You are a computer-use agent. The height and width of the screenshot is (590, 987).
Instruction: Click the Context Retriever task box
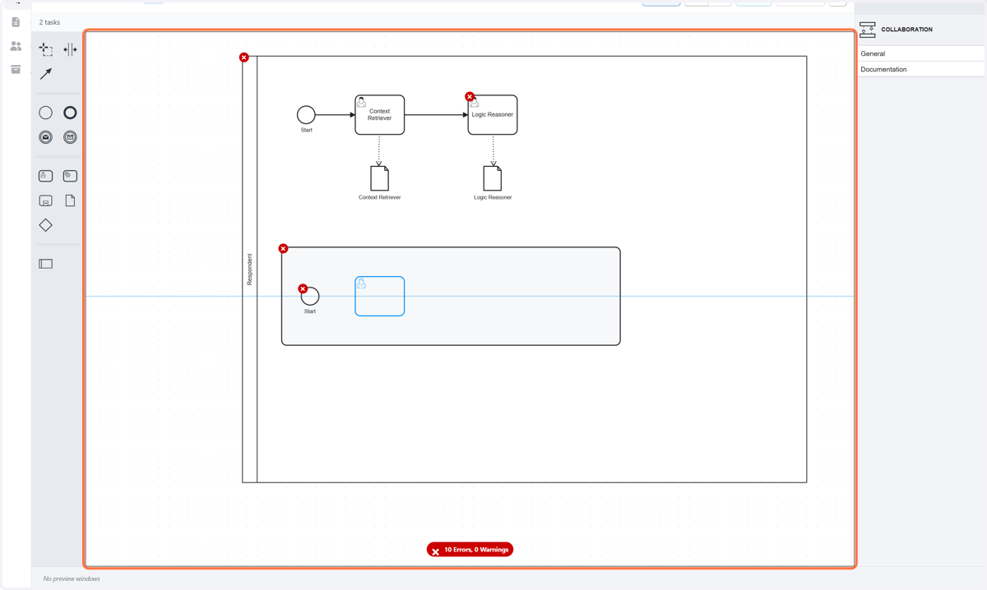pyautogui.click(x=379, y=115)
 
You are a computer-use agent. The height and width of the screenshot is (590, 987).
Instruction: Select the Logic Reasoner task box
pyautogui.click(x=493, y=115)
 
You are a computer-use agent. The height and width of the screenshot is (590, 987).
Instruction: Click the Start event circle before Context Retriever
pyautogui.click(x=306, y=115)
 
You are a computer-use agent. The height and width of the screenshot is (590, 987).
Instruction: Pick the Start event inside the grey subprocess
pyautogui.click(x=310, y=297)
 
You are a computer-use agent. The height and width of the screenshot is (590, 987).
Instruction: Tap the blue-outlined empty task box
pyautogui.click(x=379, y=297)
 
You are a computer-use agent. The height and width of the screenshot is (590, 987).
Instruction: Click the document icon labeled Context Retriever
pyautogui.click(x=379, y=178)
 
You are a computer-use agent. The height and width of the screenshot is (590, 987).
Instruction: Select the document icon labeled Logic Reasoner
pyautogui.click(x=492, y=178)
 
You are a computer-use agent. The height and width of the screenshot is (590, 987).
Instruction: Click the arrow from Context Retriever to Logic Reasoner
pyautogui.click(x=436, y=115)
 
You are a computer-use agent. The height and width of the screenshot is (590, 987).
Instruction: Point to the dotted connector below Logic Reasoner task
pyautogui.click(x=493, y=150)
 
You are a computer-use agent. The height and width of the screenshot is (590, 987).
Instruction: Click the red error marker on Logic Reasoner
pyautogui.click(x=470, y=96)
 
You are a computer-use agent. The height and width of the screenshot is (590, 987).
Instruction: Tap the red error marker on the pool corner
pyautogui.click(x=243, y=58)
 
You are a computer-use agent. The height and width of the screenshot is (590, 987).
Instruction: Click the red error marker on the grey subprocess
pyautogui.click(x=283, y=249)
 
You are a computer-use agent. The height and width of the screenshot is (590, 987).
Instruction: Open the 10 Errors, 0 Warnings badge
pyautogui.click(x=470, y=550)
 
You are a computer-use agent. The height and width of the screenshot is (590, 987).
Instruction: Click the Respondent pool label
pyautogui.click(x=249, y=270)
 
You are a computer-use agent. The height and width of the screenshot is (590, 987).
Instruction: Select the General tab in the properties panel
pyautogui.click(x=873, y=53)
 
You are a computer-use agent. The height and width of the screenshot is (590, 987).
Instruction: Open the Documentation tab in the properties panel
pyautogui.click(x=883, y=70)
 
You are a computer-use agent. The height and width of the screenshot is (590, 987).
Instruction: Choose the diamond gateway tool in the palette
pyautogui.click(x=45, y=225)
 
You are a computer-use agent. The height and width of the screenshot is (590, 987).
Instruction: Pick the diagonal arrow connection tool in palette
pyautogui.click(x=46, y=73)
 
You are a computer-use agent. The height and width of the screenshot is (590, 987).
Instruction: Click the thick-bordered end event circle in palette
pyautogui.click(x=70, y=113)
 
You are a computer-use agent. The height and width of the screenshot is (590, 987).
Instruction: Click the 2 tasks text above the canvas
pyautogui.click(x=49, y=22)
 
